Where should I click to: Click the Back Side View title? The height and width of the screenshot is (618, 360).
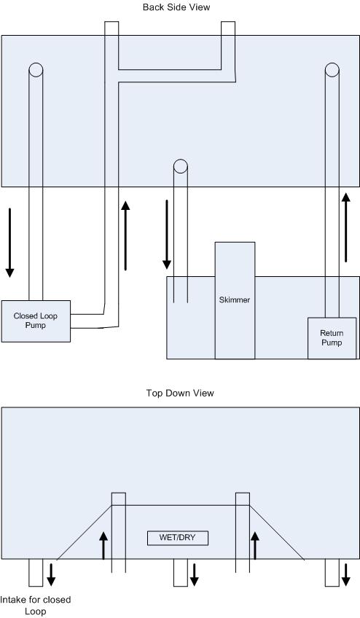(x=176, y=7)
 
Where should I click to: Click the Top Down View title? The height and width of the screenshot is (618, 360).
(x=180, y=393)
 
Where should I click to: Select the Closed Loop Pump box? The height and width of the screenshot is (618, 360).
(x=36, y=321)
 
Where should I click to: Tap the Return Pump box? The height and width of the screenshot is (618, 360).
(x=332, y=338)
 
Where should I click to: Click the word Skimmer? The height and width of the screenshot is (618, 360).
(x=235, y=300)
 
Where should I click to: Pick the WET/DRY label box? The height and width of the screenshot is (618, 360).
(x=178, y=538)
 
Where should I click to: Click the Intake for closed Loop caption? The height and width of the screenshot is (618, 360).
(x=36, y=606)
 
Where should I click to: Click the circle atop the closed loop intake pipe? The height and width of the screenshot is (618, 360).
(x=36, y=70)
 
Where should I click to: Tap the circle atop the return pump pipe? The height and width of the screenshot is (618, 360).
(x=332, y=70)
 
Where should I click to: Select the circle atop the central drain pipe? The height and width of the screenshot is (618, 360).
(x=181, y=166)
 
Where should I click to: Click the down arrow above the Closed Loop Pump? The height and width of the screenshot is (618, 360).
(x=10, y=243)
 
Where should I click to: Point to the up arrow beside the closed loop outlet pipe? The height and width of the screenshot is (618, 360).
(x=125, y=235)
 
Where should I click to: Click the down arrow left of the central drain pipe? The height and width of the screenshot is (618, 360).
(x=167, y=235)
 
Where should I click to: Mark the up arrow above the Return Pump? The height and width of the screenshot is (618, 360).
(x=346, y=227)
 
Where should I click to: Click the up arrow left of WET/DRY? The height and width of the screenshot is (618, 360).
(x=103, y=545)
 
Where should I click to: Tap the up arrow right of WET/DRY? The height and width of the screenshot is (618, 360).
(x=255, y=545)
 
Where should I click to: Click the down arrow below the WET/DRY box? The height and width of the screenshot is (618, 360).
(x=195, y=575)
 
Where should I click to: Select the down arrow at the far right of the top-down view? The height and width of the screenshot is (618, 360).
(x=346, y=575)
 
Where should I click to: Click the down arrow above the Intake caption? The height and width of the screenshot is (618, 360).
(x=51, y=575)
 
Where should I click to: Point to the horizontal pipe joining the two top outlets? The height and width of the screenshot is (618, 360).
(x=176, y=76)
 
